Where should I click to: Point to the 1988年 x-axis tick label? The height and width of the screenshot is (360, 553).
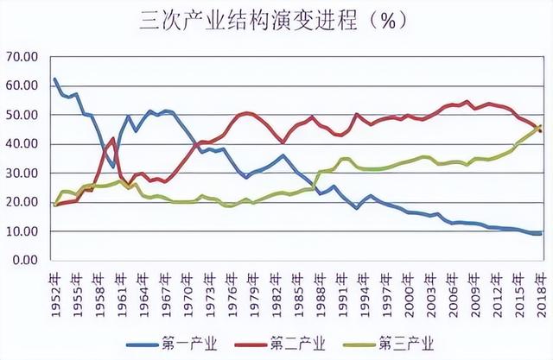tap(321, 283)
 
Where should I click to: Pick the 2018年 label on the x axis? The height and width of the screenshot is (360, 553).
tap(543, 283)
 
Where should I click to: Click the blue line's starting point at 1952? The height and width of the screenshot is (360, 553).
tap(54, 79)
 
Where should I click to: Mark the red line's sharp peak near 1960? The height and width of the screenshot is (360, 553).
tap(113, 138)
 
